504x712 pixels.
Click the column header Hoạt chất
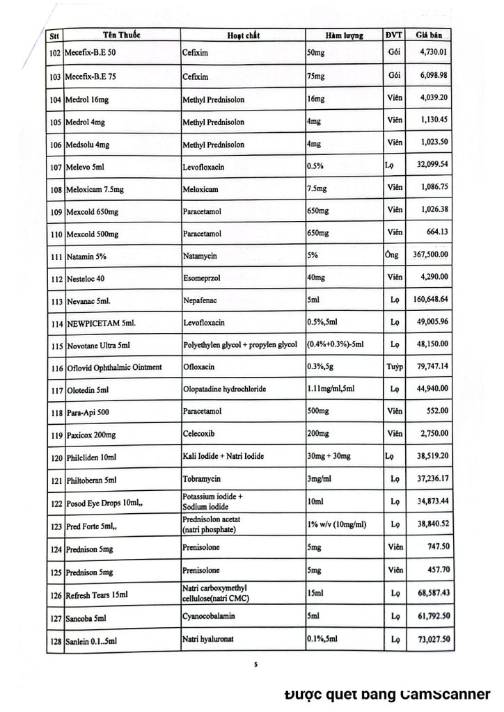(x=243, y=35)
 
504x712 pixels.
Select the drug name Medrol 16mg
(x=86, y=100)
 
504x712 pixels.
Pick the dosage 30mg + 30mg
(x=329, y=456)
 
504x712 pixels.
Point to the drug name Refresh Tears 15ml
(x=97, y=596)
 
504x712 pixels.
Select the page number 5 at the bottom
(x=255, y=665)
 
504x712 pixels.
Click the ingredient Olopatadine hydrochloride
(x=224, y=389)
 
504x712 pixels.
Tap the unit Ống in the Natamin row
(x=392, y=254)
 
